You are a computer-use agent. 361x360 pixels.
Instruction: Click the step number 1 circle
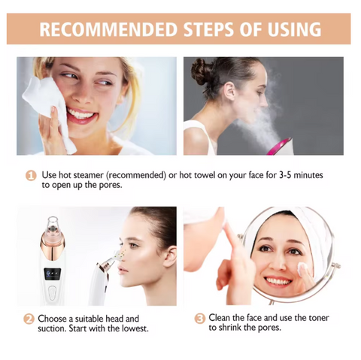point(31,175)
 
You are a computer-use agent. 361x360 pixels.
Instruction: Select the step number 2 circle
point(29,319)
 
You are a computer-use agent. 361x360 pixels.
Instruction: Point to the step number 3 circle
point(199,319)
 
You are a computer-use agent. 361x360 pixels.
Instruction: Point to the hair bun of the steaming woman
point(202,71)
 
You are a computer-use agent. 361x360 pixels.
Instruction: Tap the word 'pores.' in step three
point(268,328)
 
